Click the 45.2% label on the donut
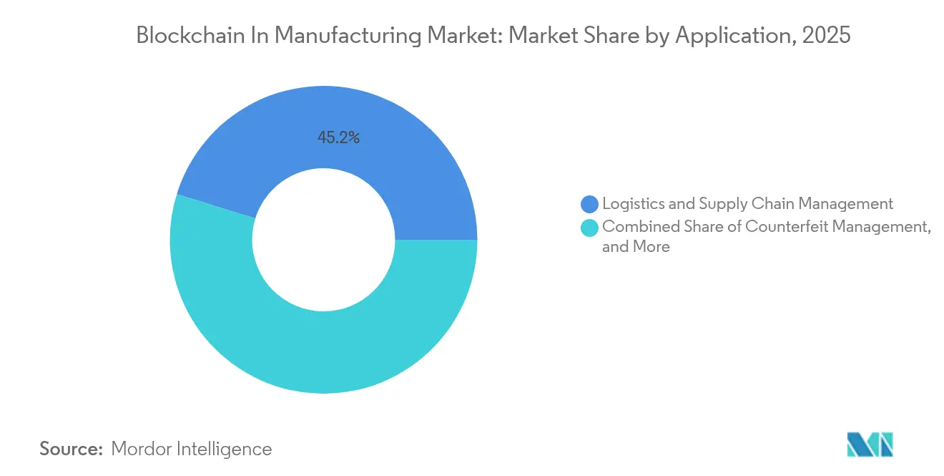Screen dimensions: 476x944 coord(338,137)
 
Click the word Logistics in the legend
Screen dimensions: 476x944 coord(631,204)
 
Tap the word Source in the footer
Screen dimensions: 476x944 coord(71,449)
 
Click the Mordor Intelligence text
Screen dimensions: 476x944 coord(192,449)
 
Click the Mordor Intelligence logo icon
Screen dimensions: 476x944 coord(870,445)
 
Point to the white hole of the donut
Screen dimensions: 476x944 coord(323,240)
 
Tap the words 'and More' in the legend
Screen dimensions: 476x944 coord(636,247)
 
